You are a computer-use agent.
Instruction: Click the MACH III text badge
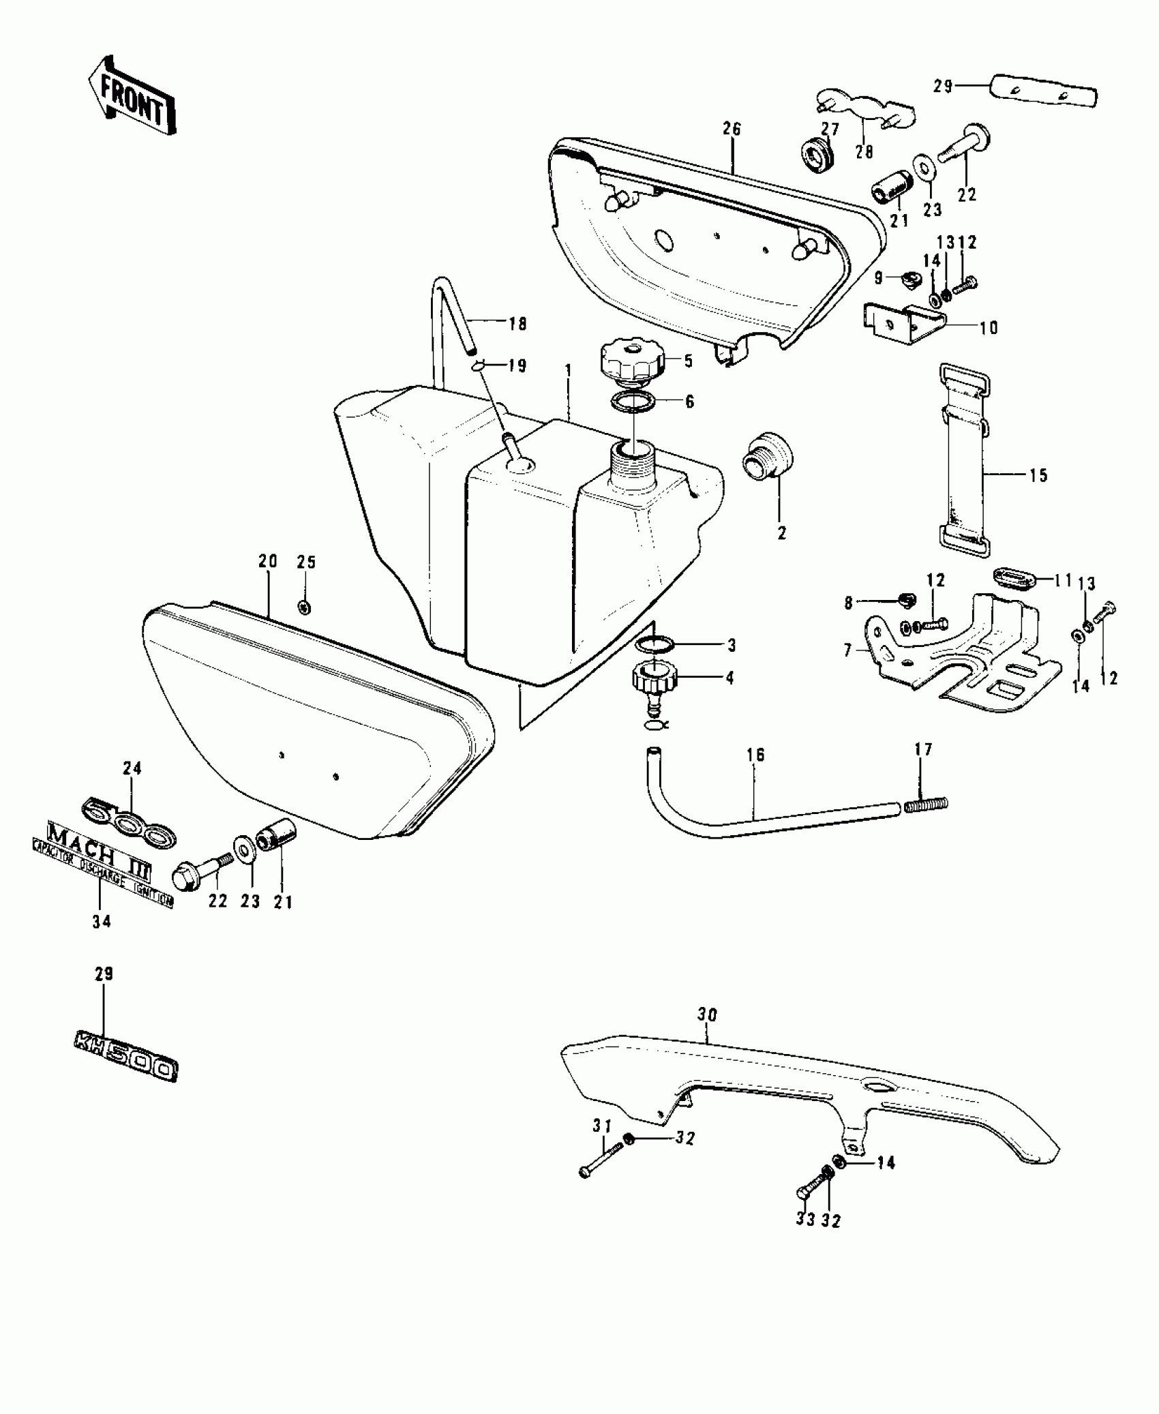[x=98, y=854]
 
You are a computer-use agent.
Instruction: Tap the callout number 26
[x=732, y=129]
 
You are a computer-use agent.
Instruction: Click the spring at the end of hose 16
[x=927, y=806]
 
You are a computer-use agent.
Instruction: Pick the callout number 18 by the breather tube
[x=518, y=324]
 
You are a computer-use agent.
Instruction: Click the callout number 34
[x=102, y=922]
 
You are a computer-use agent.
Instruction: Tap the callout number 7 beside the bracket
[x=848, y=651]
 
